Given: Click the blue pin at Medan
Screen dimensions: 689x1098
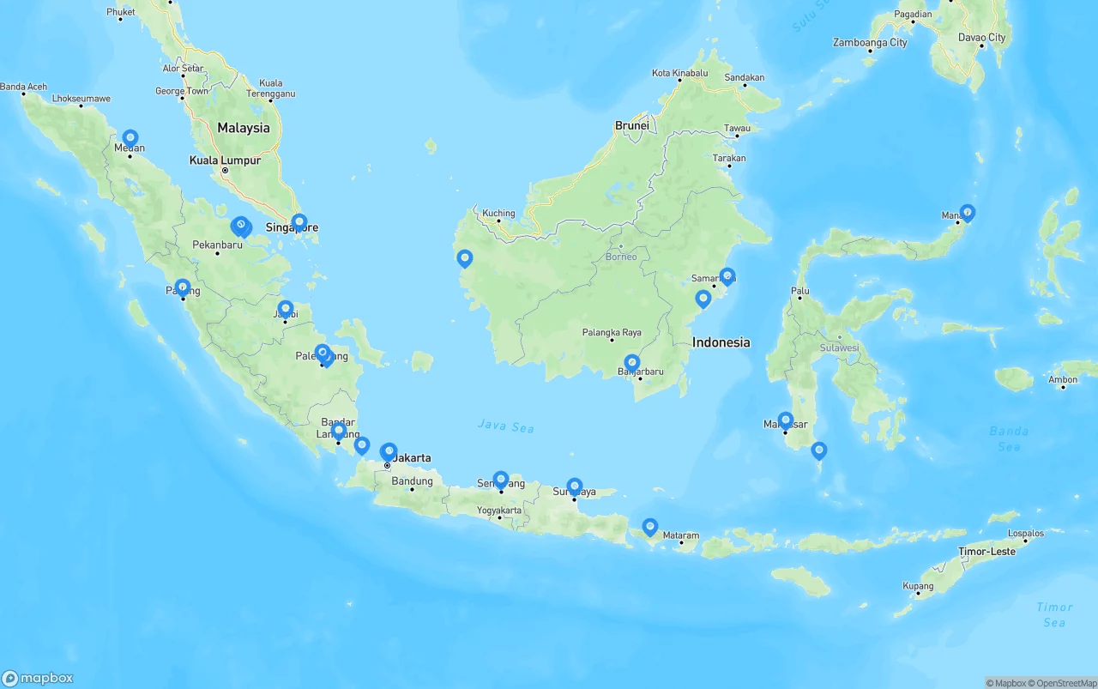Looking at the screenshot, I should [x=130, y=137].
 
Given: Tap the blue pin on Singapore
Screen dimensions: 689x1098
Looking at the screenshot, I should [x=299, y=222].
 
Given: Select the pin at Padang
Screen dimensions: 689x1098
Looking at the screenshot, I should [x=183, y=287].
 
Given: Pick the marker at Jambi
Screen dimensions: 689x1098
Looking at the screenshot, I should [x=286, y=308].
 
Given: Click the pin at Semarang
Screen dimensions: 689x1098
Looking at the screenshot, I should [x=501, y=479].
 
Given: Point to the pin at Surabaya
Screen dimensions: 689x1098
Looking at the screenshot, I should [x=575, y=487].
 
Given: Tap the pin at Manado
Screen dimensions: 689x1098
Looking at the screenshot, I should [x=968, y=211].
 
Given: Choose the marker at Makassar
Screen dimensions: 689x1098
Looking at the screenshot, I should [x=786, y=420].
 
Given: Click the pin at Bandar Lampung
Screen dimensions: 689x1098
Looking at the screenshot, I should [x=339, y=429].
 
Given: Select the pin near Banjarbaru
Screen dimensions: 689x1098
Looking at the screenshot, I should [x=632, y=363].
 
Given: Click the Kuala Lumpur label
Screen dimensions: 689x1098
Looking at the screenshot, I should [x=225, y=160].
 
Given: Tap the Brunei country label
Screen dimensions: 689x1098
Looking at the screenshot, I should [x=632, y=125].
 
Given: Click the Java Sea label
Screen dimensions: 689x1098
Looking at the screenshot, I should [x=506, y=426].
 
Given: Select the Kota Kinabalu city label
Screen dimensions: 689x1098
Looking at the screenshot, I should [x=679, y=74].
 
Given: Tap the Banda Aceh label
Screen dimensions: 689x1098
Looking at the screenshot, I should [x=23, y=87].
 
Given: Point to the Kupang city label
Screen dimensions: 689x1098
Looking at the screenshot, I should [x=918, y=585].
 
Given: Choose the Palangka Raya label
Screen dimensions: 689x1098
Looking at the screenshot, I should [x=612, y=332].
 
